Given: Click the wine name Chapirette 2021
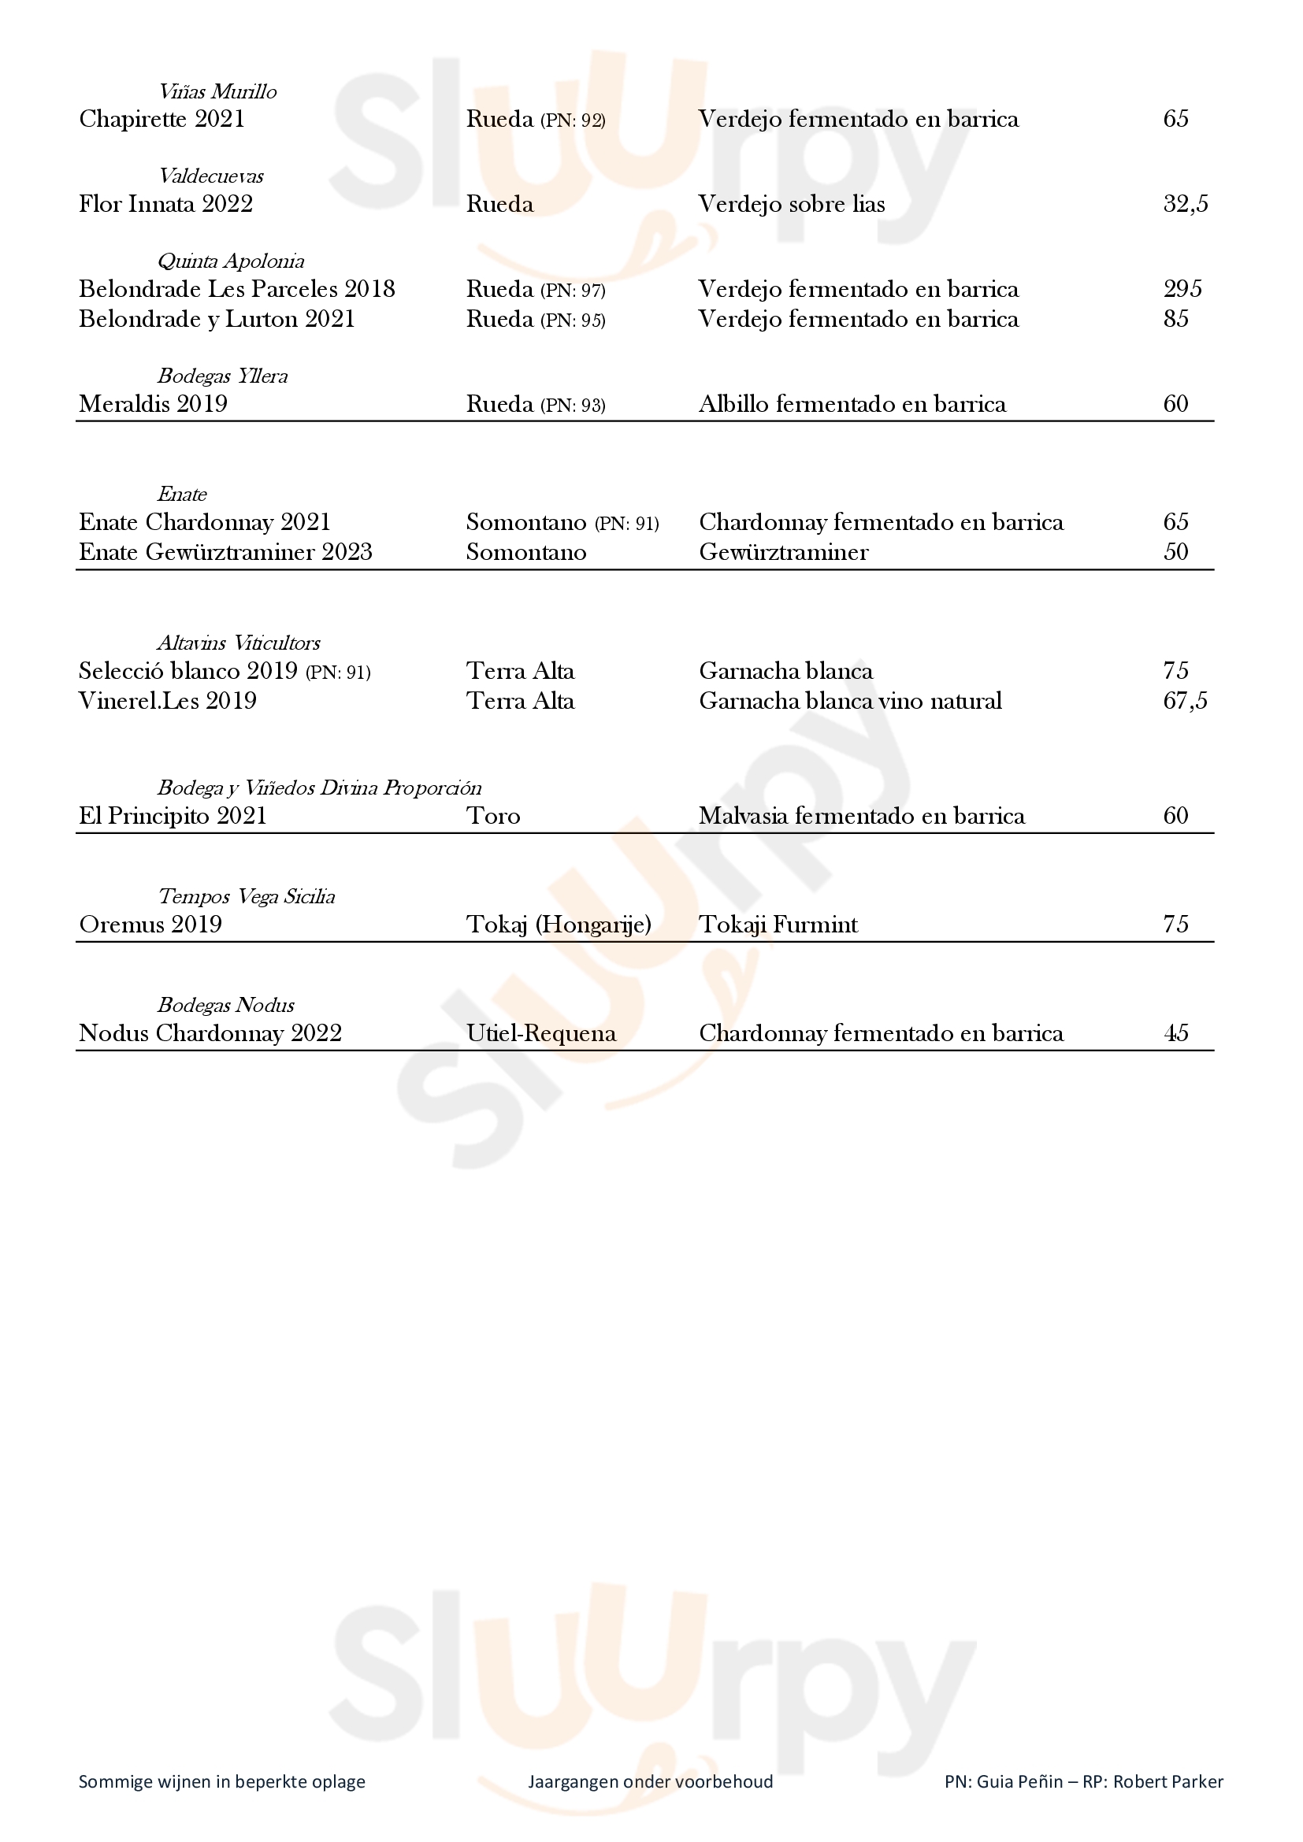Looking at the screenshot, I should point(161,119).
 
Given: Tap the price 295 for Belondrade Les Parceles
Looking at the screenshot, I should point(1182,289).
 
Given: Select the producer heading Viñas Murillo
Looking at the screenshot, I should point(217,91).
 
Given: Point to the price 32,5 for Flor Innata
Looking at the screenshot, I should point(1185,204).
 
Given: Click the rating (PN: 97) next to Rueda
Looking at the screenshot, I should point(573,291).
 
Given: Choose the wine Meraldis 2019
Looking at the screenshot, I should point(153,403).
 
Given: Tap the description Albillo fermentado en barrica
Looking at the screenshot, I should point(852,403).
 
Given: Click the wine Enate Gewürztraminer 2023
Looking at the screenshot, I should point(225,552).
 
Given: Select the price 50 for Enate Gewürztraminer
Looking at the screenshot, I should point(1175,552).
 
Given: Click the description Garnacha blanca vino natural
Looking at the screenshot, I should point(851,701).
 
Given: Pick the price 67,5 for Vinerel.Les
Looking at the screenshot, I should point(1185,701).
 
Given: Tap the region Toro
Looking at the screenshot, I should point(493,816).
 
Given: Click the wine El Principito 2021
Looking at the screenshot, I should point(173,816).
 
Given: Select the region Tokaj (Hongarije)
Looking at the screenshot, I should point(559,925).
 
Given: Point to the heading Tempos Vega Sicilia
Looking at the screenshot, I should point(247,896).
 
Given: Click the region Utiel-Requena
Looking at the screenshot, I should point(541,1033).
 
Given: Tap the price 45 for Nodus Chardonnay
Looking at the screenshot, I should point(1175,1033).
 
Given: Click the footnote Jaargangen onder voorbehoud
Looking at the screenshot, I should point(651,1782).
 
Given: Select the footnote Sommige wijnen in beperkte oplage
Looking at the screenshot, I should point(221,1782).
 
